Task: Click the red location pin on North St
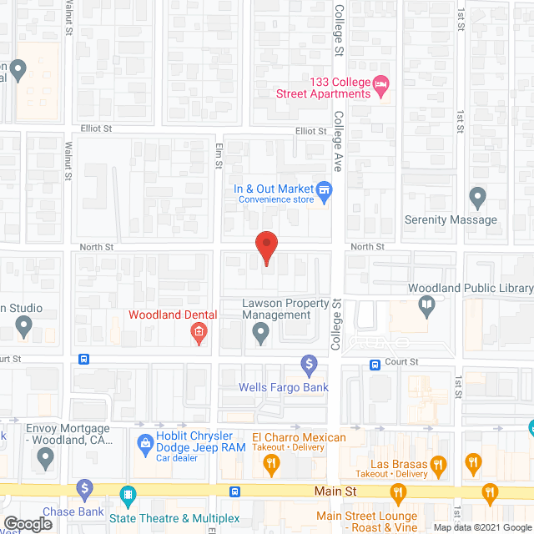[x=265, y=246]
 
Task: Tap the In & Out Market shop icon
[x=325, y=190]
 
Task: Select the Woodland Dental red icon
[x=199, y=334]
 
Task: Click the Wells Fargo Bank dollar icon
[x=310, y=365]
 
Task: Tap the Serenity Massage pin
[x=477, y=199]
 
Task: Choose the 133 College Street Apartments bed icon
[x=381, y=83]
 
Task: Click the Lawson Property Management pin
[x=261, y=335]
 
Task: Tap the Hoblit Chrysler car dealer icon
[x=144, y=441]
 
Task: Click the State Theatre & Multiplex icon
[x=127, y=493]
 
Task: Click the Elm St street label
[x=218, y=155]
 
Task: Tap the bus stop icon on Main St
[x=236, y=491]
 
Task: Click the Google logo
[x=28, y=524]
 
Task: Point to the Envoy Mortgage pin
[x=44, y=457]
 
